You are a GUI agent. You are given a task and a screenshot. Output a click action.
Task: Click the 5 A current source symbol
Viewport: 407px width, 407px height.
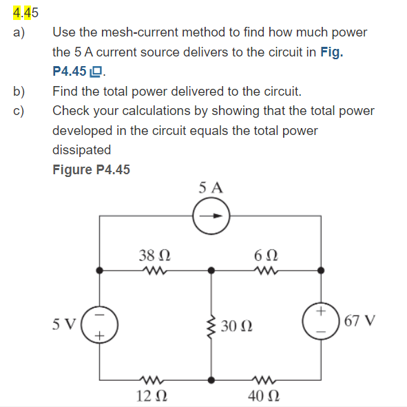[211, 216]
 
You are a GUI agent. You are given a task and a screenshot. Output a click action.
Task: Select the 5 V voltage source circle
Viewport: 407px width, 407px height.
[100, 322]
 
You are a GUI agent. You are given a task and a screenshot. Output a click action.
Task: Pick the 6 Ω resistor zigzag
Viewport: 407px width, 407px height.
[266, 271]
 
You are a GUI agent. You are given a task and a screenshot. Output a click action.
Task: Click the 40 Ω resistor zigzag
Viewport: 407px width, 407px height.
[266, 378]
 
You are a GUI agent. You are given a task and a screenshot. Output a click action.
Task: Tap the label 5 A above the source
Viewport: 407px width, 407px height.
[211, 187]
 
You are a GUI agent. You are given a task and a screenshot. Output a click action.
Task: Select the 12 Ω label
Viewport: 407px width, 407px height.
[151, 396]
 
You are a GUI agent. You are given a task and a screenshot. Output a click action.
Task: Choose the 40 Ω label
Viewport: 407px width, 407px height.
[266, 396]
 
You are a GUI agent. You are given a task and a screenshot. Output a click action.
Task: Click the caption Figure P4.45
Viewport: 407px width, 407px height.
[91, 169]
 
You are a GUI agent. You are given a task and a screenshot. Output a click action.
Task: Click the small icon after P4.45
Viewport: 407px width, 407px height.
[96, 72]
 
